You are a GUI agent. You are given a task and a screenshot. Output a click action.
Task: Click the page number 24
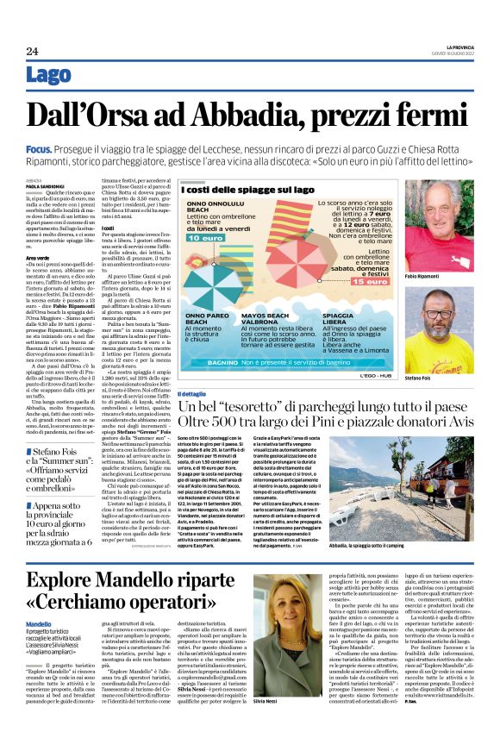click(33, 51)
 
